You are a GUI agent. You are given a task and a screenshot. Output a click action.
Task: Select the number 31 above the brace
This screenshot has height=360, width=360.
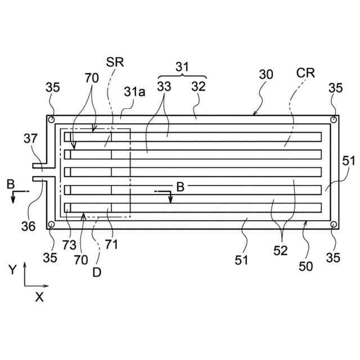182,66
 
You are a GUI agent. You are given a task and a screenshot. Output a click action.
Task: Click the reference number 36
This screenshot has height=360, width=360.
28,226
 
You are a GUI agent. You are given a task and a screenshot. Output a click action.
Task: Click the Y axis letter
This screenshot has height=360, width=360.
12,270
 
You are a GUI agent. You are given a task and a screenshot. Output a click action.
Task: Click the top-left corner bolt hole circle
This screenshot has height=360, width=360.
51,120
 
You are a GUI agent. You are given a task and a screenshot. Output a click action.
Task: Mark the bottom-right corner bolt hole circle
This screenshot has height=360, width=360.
334,225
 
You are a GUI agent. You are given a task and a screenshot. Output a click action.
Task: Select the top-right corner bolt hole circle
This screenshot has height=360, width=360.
334,120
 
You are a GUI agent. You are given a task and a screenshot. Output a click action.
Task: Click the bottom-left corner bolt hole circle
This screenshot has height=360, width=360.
51,225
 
